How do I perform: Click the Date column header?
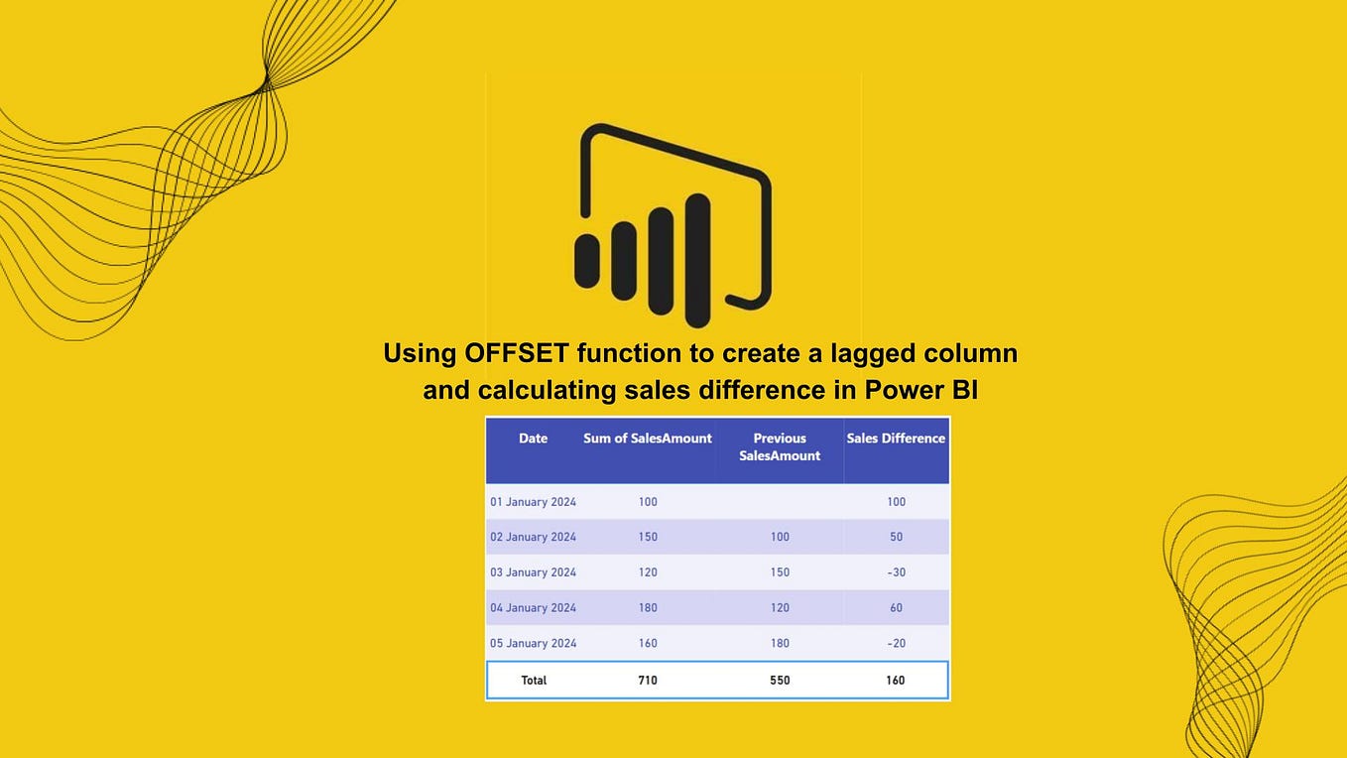tap(533, 439)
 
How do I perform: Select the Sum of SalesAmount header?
tap(647, 439)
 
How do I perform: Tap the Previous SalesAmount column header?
tap(780, 447)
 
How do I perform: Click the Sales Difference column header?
tap(896, 439)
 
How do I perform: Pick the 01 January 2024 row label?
tap(533, 502)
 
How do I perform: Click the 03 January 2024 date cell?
tap(533, 572)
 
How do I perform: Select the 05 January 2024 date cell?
tap(533, 643)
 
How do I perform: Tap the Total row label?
tap(534, 681)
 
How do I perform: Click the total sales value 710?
tap(648, 681)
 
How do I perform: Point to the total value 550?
tap(780, 681)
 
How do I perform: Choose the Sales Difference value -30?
tap(896, 572)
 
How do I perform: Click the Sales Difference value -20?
tap(896, 643)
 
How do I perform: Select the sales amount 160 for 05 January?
tap(648, 643)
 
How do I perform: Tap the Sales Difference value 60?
tap(896, 608)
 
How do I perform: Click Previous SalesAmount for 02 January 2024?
tap(780, 537)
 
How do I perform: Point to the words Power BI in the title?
tap(920, 390)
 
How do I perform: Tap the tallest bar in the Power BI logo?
tap(698, 260)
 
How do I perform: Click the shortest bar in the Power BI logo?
tap(587, 261)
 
